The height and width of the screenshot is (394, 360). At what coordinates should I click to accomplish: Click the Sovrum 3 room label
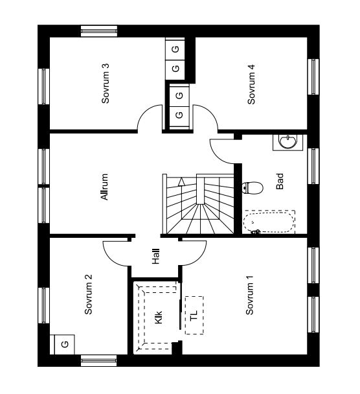point(106,84)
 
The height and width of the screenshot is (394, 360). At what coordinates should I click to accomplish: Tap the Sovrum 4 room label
point(251,84)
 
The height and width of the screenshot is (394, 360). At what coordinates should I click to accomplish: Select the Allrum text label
point(104,187)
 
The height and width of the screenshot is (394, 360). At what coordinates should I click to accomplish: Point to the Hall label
point(155,257)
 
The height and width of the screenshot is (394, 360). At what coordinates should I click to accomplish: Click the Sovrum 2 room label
point(88,294)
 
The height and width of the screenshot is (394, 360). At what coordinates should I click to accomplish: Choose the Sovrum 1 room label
point(249,295)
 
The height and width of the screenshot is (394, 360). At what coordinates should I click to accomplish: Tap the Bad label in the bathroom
point(280,181)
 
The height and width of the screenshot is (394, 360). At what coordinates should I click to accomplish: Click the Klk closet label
point(159,318)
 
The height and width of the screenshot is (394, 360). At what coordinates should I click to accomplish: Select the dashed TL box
point(194,315)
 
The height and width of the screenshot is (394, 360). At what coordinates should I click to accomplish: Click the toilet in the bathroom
point(253,188)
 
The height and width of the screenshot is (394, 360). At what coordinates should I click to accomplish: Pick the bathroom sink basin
point(288,142)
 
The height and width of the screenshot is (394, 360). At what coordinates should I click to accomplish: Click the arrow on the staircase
point(181,181)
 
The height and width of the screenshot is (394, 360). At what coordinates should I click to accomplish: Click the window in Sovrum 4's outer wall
point(313,76)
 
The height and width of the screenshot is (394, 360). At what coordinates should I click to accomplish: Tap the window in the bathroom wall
point(313,166)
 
